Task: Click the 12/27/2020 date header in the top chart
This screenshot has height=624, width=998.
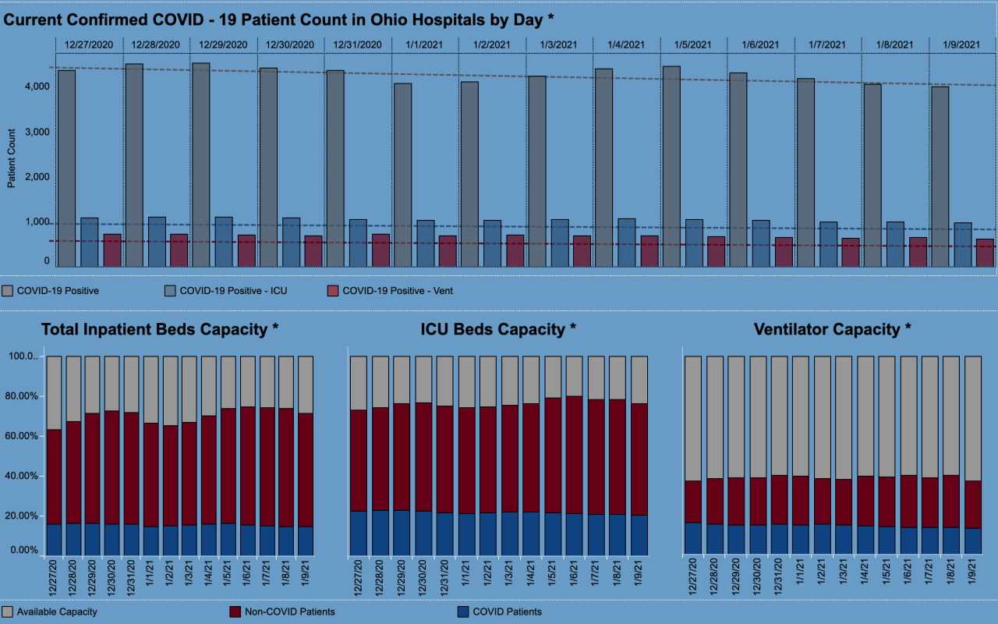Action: [x=89, y=45]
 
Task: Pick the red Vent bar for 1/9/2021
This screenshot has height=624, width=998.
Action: [x=963, y=253]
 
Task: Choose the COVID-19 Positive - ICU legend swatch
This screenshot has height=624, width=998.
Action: [x=170, y=291]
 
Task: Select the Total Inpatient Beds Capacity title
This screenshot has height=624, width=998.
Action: [x=159, y=329]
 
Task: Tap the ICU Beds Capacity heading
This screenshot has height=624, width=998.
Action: [x=498, y=329]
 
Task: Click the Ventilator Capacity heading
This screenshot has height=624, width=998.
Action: [x=832, y=329]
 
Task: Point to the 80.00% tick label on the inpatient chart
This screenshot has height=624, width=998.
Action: [x=21, y=396]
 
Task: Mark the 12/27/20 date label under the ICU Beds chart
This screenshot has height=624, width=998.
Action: [x=359, y=578]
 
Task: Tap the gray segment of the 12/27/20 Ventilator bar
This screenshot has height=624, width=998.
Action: [x=692, y=418]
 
